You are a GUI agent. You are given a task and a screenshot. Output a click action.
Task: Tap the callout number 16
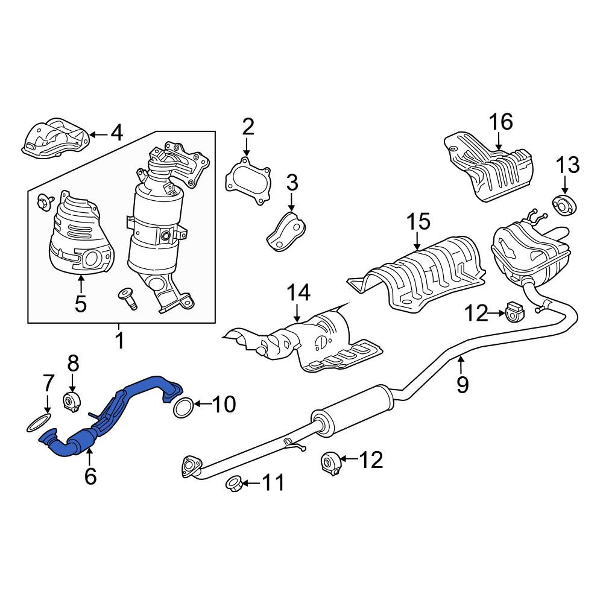(x=500, y=122)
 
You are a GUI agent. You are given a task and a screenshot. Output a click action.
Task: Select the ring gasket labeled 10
(x=183, y=408)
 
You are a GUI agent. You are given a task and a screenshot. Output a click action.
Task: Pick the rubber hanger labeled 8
(x=71, y=402)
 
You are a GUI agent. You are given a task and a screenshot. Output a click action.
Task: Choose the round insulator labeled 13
(x=564, y=205)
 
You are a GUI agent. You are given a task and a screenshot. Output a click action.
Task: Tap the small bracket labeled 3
(x=286, y=231)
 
